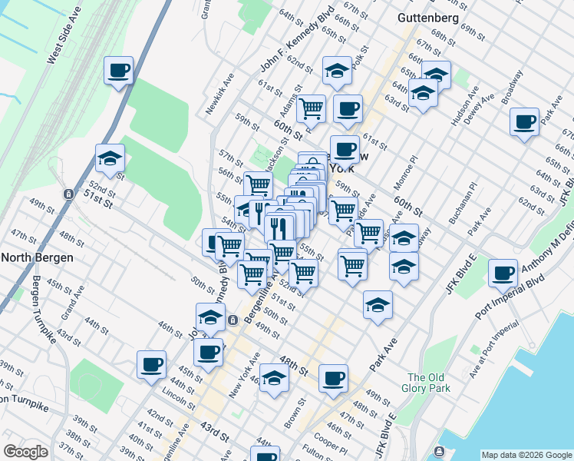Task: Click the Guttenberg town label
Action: pyautogui.click(x=428, y=18)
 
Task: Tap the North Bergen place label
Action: pyautogui.click(x=36, y=257)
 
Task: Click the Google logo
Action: pyautogui.click(x=25, y=452)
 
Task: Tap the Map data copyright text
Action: pyautogui.click(x=525, y=455)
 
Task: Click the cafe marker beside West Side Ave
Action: pyautogui.click(x=119, y=71)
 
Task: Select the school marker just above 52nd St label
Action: pyautogui.click(x=110, y=159)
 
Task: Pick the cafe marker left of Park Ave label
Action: pyautogui.click(x=525, y=122)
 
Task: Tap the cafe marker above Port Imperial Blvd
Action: pyautogui.click(x=503, y=273)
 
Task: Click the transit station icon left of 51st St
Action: pyautogui.click(x=69, y=194)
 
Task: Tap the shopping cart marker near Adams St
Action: pyautogui.click(x=312, y=109)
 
